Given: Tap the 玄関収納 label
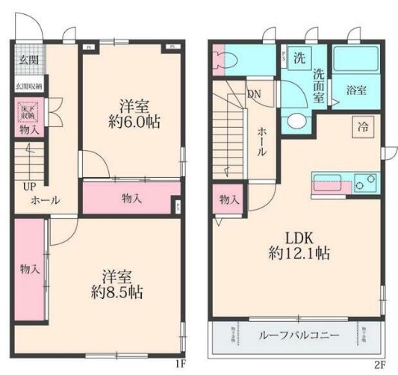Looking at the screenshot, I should pyautogui.click(x=28, y=87).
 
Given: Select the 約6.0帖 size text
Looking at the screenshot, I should pyautogui.click(x=132, y=121).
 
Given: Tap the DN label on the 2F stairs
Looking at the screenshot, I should pyautogui.click(x=254, y=94).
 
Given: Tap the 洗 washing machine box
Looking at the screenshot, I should pyautogui.click(x=298, y=58).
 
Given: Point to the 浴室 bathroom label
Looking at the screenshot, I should pyautogui.click(x=356, y=91).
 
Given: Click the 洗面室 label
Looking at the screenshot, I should pyautogui.click(x=319, y=84).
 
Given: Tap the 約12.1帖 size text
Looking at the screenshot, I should pyautogui.click(x=296, y=253).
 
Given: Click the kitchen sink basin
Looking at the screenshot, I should pyautogui.click(x=328, y=182).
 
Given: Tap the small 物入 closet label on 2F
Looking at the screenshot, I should pyautogui.click(x=229, y=199).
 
